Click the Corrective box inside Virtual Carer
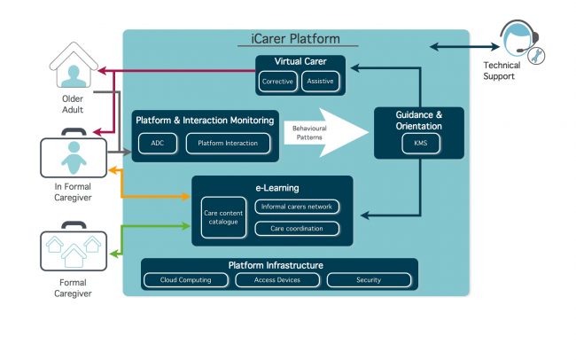pyautogui.click(x=277, y=82)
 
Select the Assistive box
pyautogui.click(x=320, y=82)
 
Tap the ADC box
pyautogui.click(x=158, y=143)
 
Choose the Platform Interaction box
pyautogui.click(x=228, y=143)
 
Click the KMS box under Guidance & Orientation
pyautogui.click(x=421, y=143)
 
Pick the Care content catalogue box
pyautogui.click(x=223, y=217)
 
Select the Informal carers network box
pyautogui.click(x=297, y=207)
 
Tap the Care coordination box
pyautogui.click(x=297, y=229)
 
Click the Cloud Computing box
pyautogui.click(x=186, y=280)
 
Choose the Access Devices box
pyautogui.click(x=277, y=280)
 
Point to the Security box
pyautogui.click(x=369, y=280)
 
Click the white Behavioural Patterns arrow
pyautogui.click(x=326, y=132)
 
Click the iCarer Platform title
pyautogui.click(x=296, y=39)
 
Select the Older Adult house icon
pyautogui.click(x=74, y=65)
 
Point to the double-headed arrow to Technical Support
pyautogui.click(x=464, y=47)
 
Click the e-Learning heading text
pyautogui.click(x=277, y=188)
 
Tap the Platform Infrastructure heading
pyautogui.click(x=276, y=265)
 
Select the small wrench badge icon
pyautogui.click(x=536, y=56)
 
